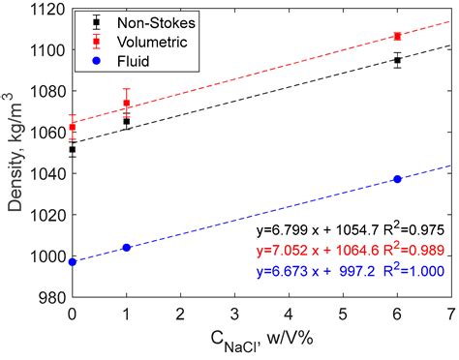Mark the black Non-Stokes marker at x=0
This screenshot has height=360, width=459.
tap(73, 150)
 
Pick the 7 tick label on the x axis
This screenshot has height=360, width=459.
tap(451, 315)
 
